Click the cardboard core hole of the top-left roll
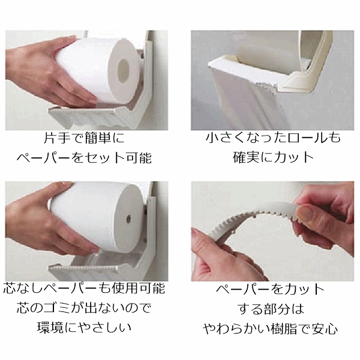123,71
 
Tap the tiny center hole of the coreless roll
128,218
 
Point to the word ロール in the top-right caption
307,138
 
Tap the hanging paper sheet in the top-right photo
244,101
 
